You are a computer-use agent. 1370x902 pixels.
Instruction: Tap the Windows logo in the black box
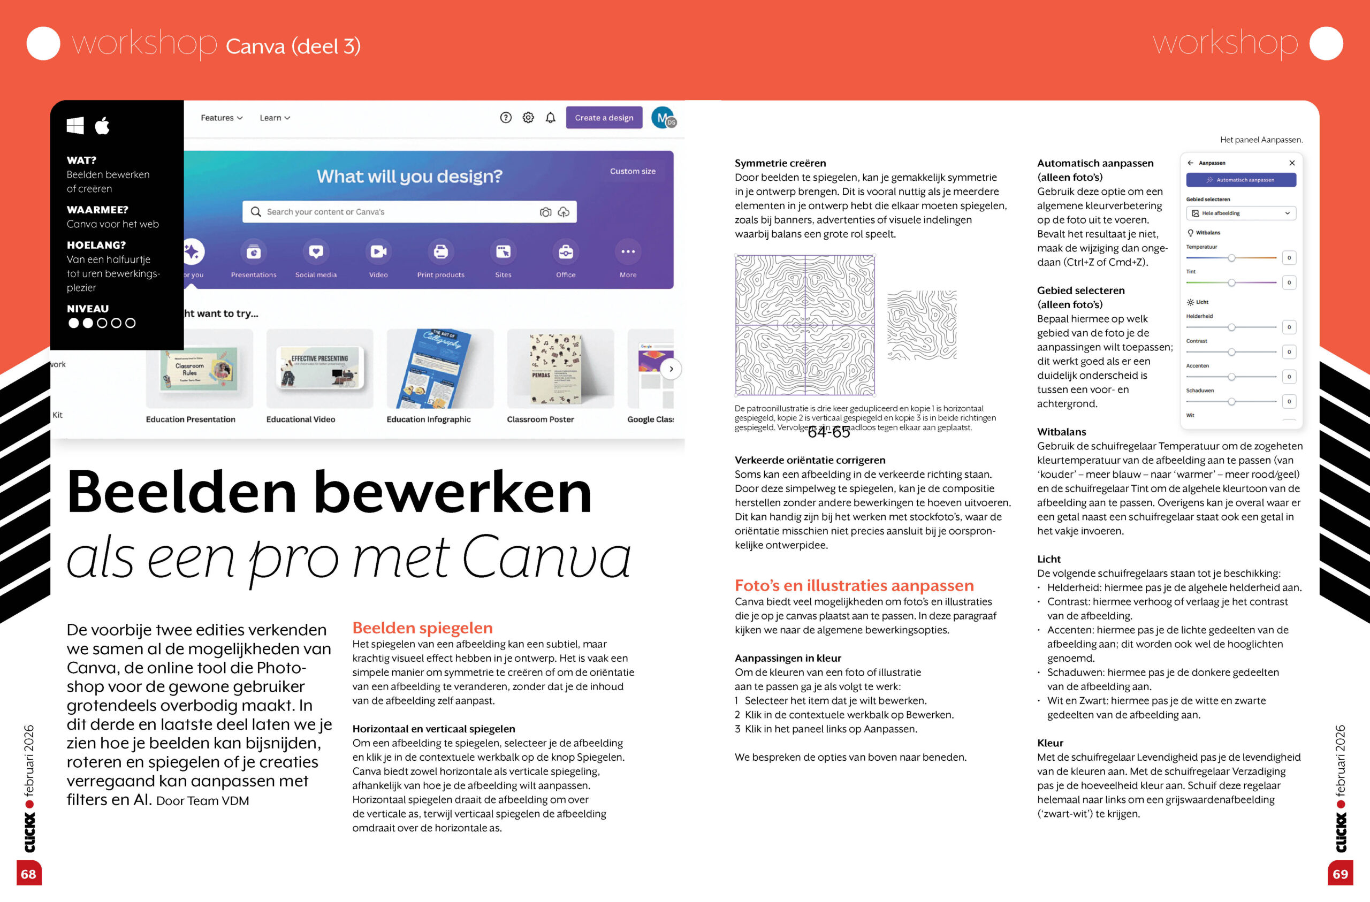(75, 126)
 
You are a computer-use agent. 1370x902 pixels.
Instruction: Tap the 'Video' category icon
(378, 251)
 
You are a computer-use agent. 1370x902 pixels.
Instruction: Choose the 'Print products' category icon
(440, 251)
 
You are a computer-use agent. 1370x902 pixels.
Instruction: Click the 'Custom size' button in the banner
(633, 171)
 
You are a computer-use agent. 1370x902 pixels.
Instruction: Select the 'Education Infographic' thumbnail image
(439, 369)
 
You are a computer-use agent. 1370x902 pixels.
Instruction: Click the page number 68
(29, 874)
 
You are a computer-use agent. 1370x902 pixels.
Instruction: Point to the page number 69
(1340, 874)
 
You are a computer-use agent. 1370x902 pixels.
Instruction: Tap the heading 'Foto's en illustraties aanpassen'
(854, 585)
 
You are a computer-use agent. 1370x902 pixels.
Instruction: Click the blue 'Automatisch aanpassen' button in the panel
(1241, 180)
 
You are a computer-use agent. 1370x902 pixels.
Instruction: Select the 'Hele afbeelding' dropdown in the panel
(1241, 213)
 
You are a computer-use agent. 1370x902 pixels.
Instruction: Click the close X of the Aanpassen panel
(1292, 163)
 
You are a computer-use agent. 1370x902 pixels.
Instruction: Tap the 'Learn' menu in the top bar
(275, 118)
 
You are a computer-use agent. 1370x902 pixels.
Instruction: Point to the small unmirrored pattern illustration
(922, 325)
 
